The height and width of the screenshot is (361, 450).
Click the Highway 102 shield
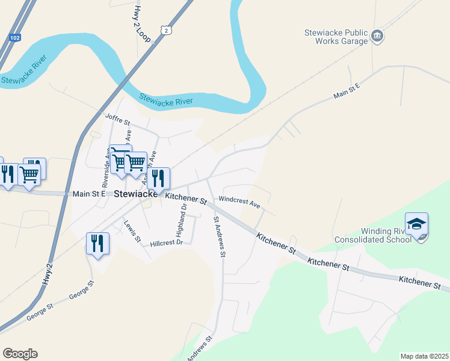(16, 37)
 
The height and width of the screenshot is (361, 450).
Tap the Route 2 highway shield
(166, 29)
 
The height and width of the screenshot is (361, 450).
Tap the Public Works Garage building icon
(377, 36)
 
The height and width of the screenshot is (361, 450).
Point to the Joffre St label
(117, 117)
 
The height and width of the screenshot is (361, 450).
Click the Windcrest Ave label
(239, 201)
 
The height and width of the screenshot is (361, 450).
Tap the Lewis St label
(132, 232)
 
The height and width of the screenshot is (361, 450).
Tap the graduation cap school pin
(416, 224)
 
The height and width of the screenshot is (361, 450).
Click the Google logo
(20, 354)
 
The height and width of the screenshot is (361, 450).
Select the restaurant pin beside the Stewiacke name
(158, 178)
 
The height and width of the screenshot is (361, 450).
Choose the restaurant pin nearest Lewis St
(97, 244)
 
